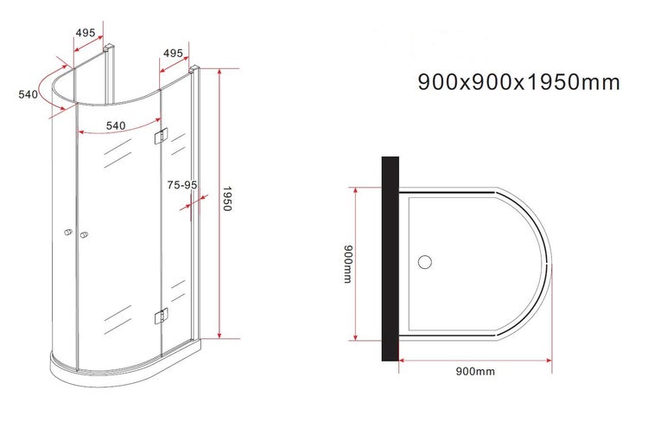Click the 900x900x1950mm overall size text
pyautogui.click(x=518, y=83)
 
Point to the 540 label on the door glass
pyautogui.click(x=116, y=125)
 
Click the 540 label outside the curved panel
pyautogui.click(x=29, y=95)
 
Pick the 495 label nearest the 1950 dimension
pyautogui.click(x=173, y=54)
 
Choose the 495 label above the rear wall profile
pyautogui.click(x=85, y=33)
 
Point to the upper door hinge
pyautogui.click(x=160, y=136)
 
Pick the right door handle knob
pyautogui.click(x=84, y=235)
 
